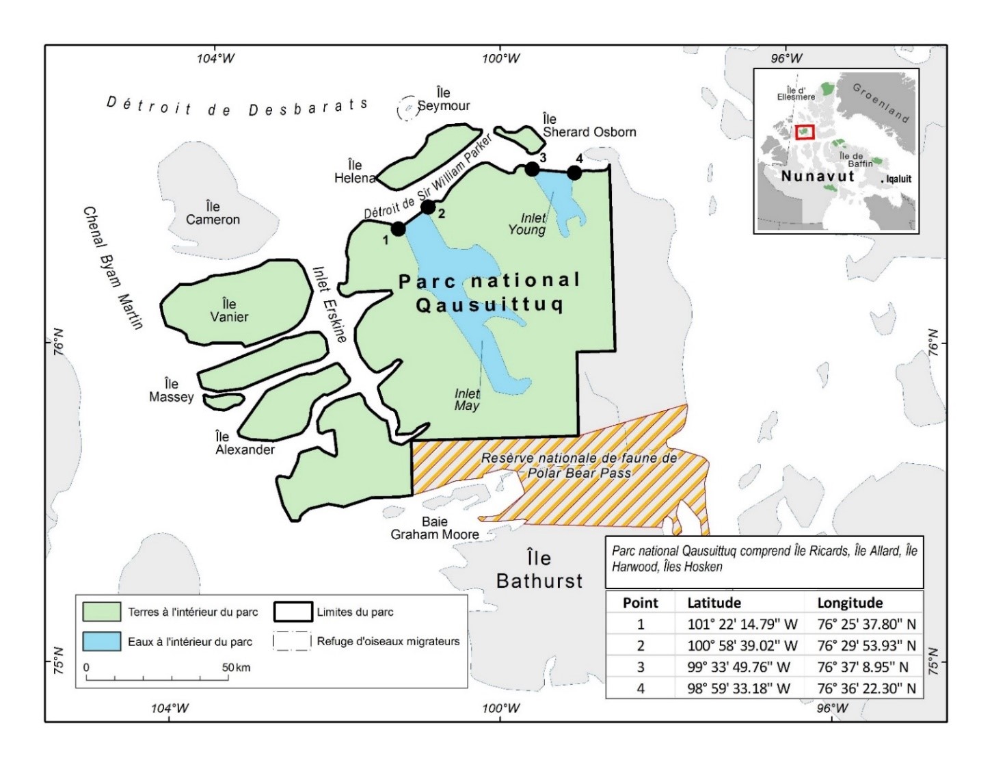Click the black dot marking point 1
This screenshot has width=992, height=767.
398,229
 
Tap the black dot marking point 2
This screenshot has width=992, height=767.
428,207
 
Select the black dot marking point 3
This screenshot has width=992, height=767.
532,169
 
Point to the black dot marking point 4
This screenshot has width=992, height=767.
574,172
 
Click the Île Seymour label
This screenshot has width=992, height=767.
444,99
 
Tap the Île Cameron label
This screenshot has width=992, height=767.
213,213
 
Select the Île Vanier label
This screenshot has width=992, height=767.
229,310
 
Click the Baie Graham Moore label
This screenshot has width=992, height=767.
435,528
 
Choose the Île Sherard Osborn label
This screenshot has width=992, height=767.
589,126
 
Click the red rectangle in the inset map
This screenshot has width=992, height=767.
805,132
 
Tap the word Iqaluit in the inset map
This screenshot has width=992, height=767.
898,179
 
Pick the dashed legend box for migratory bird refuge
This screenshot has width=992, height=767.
291,641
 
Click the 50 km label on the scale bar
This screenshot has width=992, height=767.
236,667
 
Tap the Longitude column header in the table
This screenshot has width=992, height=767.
850,603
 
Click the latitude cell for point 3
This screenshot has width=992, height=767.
738,667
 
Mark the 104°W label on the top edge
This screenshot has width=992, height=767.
215,58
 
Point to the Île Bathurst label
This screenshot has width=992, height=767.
539,569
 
